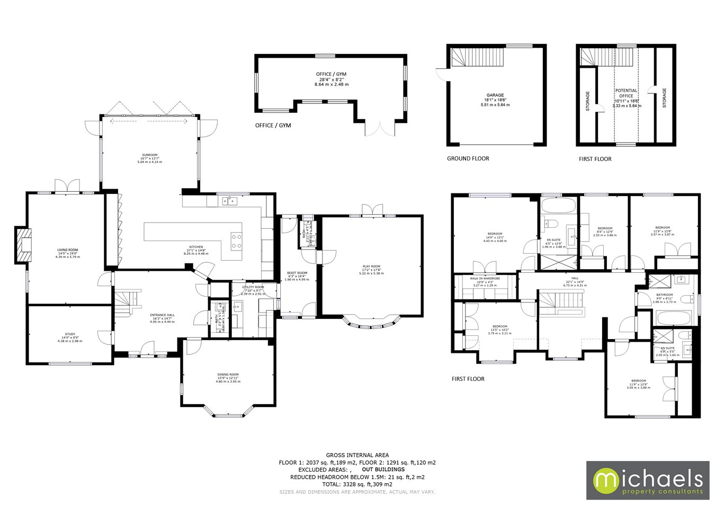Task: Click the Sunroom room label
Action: point(149,158)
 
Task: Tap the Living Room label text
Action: point(68,253)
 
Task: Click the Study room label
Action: point(70,338)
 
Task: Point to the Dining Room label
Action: point(228,378)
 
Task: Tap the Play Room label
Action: point(371,270)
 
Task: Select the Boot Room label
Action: point(297,276)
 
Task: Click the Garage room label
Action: point(495,100)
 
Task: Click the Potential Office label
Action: point(626,93)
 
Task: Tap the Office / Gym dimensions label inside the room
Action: point(332,79)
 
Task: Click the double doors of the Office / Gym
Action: point(380,129)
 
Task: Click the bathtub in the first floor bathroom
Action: point(673,318)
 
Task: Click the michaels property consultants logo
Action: point(647,480)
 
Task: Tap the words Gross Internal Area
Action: point(357,455)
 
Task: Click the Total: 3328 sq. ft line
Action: point(357,484)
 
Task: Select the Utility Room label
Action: point(253,289)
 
